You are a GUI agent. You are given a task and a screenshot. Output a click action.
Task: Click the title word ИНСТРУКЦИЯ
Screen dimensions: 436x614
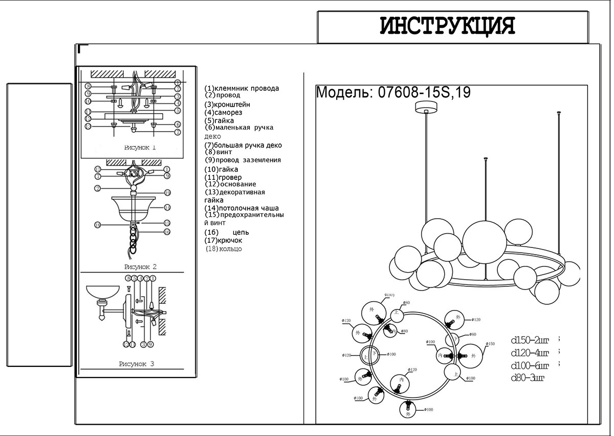pyautogui.click(x=447, y=26)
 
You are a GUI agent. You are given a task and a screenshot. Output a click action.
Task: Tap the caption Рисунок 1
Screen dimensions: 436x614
pyautogui.click(x=140, y=148)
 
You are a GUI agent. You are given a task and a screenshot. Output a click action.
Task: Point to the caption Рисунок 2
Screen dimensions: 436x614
pyautogui.click(x=140, y=267)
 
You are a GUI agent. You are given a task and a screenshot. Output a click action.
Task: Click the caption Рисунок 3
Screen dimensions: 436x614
pyautogui.click(x=136, y=364)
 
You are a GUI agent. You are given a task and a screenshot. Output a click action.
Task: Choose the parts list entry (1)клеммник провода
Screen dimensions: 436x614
pyautogui.click(x=242, y=88)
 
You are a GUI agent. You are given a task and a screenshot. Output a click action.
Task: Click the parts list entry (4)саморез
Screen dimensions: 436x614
pyautogui.click(x=223, y=112)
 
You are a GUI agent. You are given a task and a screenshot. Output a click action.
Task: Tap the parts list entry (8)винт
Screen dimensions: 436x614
pyautogui.click(x=218, y=152)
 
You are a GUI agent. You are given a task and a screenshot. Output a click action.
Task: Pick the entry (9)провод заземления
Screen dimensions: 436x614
pyautogui.click(x=243, y=160)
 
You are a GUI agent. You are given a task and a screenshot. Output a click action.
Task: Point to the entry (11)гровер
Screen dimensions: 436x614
pyautogui.click(x=223, y=177)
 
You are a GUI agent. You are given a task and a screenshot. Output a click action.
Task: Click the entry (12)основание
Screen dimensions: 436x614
pyautogui.click(x=230, y=184)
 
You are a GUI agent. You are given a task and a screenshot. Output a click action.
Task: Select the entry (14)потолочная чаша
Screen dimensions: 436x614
pyautogui.click(x=242, y=208)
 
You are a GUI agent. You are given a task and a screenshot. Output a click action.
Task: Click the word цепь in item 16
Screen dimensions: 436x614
pyautogui.click(x=241, y=232)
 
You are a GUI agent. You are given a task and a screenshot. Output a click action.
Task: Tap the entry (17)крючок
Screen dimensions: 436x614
pyautogui.click(x=224, y=240)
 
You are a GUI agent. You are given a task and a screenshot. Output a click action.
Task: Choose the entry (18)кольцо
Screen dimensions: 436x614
pyautogui.click(x=223, y=248)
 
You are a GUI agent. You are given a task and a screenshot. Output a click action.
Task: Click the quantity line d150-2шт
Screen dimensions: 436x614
pyautogui.click(x=530, y=340)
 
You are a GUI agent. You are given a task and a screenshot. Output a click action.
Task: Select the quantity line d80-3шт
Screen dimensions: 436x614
pyautogui.click(x=528, y=379)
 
